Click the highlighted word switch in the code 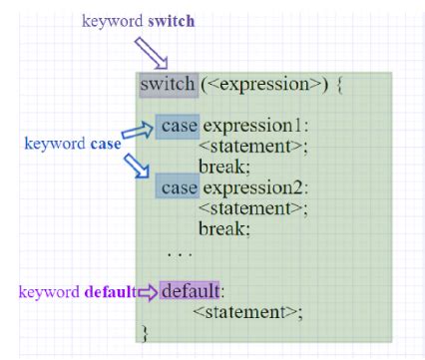click(x=168, y=84)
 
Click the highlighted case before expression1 click(x=179, y=127)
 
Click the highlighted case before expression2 click(x=179, y=187)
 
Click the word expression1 click(x=254, y=127)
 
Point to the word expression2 click(x=254, y=187)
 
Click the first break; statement click(x=223, y=168)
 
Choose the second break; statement click(x=223, y=228)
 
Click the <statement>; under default click(x=246, y=312)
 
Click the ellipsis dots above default click(x=179, y=253)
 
